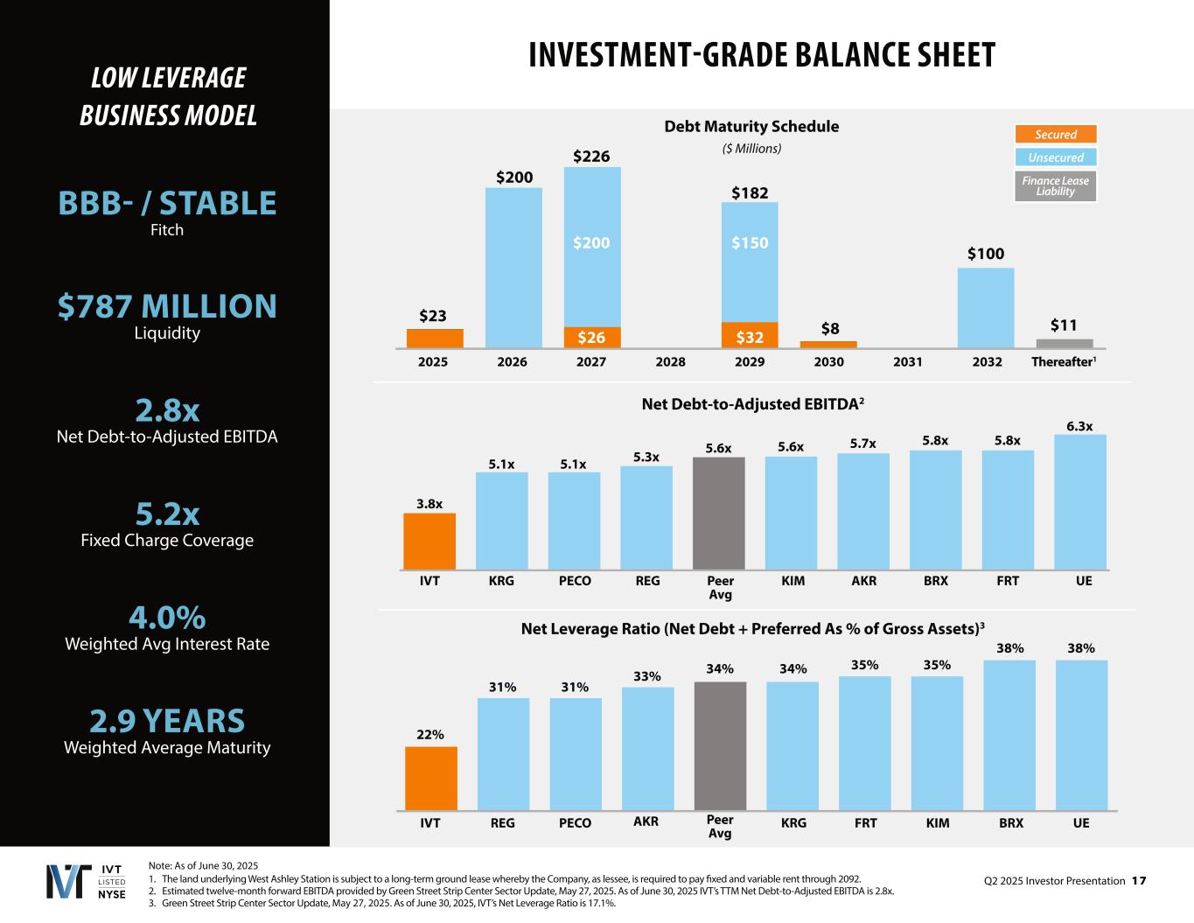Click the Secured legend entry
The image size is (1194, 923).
pyautogui.click(x=1055, y=134)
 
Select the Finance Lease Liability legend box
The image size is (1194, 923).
pyautogui.click(x=1055, y=185)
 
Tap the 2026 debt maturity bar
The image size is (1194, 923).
pyautogui.click(x=513, y=268)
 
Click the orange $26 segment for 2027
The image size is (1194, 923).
pyautogui.click(x=592, y=338)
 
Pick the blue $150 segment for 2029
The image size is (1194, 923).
pyautogui.click(x=750, y=262)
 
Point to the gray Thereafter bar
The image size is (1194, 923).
pyautogui.click(x=1065, y=344)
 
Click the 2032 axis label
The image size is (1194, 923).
pyautogui.click(x=987, y=362)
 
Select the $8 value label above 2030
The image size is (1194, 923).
pyautogui.click(x=829, y=329)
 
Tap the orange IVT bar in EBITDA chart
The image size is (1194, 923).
pyautogui.click(x=429, y=542)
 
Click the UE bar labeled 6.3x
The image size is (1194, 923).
pyautogui.click(x=1079, y=502)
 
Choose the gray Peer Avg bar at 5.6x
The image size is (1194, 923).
pyautogui.click(x=719, y=514)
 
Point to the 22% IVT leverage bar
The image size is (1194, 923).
pyautogui.click(x=430, y=779)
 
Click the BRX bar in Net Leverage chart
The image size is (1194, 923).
pyautogui.click(x=1009, y=735)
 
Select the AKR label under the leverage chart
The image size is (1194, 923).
pyautogui.click(x=646, y=822)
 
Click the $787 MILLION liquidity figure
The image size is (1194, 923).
pyautogui.click(x=167, y=306)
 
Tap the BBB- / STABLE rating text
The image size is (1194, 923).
pyautogui.click(x=167, y=203)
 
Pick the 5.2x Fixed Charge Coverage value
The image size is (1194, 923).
pyautogui.click(x=167, y=514)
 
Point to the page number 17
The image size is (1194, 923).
pyautogui.click(x=1138, y=881)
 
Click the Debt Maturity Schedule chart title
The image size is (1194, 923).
pyautogui.click(x=751, y=127)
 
